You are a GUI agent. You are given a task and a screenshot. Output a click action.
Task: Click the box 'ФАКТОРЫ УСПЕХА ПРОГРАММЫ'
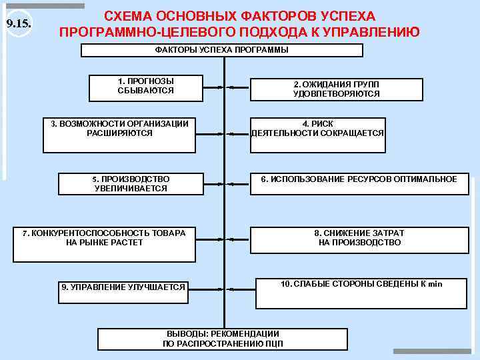click(x=222, y=50)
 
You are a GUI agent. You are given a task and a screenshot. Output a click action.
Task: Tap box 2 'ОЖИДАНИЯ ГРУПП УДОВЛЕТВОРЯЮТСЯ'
click(x=336, y=90)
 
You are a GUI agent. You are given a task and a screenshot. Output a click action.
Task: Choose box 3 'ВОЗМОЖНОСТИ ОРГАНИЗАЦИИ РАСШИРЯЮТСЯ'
click(x=119, y=135)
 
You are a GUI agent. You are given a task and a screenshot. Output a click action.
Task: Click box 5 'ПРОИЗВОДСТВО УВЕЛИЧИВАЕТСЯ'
click(x=131, y=184)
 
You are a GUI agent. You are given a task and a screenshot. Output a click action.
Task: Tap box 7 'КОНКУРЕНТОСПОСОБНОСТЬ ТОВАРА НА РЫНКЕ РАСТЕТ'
click(x=104, y=244)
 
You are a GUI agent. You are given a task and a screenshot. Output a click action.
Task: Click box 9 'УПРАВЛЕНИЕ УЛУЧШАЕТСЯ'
click(x=123, y=293)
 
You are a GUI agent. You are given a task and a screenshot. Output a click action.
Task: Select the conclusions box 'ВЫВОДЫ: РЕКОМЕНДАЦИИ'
click(x=223, y=339)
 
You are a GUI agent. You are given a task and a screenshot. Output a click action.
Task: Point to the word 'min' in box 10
click(x=435, y=285)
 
